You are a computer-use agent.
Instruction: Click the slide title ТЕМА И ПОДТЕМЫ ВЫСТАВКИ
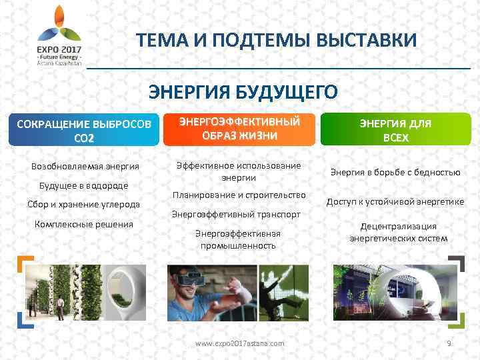pyautogui.click(x=277, y=40)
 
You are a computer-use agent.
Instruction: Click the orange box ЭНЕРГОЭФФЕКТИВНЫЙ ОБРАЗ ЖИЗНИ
pyautogui.click(x=238, y=128)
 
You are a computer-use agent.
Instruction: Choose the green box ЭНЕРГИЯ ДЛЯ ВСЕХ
pyautogui.click(x=395, y=130)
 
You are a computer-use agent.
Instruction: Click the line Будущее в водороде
pyautogui.click(x=74, y=185)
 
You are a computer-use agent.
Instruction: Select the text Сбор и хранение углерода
pyautogui.click(x=83, y=204)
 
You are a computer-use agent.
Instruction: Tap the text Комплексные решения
pyautogui.click(x=83, y=224)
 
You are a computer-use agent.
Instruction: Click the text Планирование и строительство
pyautogui.click(x=238, y=195)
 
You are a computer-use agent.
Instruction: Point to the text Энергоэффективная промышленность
pyautogui.click(x=238, y=239)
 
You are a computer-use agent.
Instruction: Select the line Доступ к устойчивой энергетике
pyautogui.click(x=395, y=201)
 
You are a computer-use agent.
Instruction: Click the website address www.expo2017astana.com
pyautogui.click(x=239, y=343)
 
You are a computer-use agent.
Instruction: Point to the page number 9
pyautogui.click(x=449, y=343)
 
